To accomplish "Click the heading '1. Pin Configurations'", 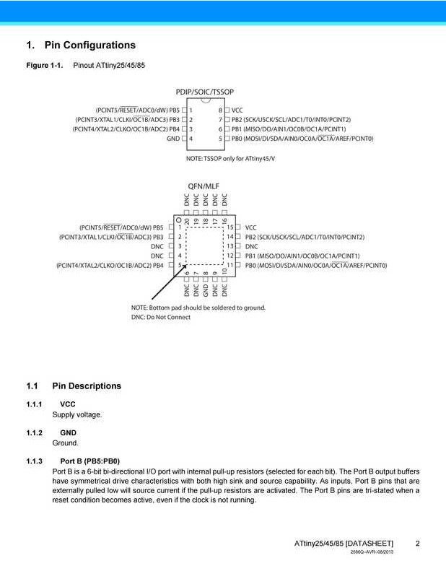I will point(81,45).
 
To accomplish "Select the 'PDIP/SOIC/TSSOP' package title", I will point(205,92).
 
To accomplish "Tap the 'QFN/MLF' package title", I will point(204,186).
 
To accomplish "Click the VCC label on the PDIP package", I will point(237,110).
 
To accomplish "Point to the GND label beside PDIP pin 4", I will point(173,138).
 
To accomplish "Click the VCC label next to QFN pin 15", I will point(251,227).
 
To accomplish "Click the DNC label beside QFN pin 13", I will point(252,246).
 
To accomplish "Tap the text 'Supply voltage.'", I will point(77,414).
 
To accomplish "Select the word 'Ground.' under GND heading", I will point(66,443).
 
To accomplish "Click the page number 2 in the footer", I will point(418,543).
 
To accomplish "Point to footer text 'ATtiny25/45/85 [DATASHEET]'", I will point(344,543).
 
